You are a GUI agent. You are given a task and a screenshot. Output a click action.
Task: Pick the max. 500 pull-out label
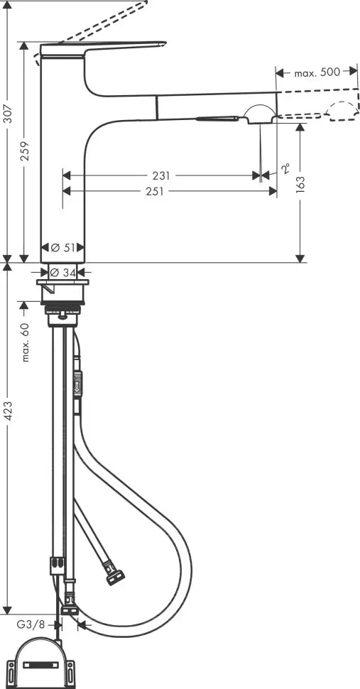313,72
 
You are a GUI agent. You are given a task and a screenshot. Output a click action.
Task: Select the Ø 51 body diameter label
64,248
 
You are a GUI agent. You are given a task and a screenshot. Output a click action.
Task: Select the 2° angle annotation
285,168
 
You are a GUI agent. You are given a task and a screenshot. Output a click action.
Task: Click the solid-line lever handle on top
107,47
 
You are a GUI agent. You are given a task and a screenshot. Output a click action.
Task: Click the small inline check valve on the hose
78,384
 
